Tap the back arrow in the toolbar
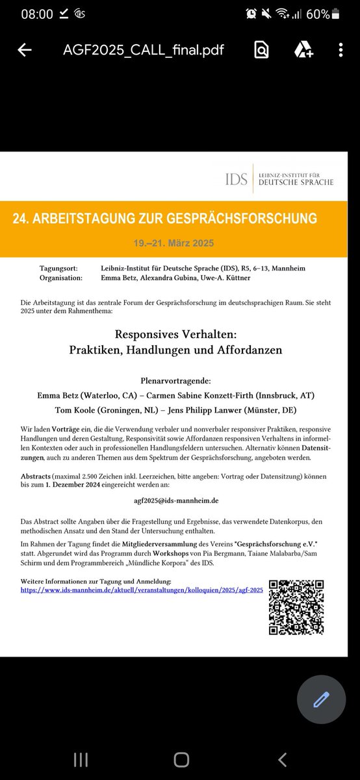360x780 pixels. [25, 50]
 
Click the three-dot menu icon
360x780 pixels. [341, 50]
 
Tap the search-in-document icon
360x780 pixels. [261, 50]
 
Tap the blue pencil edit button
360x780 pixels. [322, 700]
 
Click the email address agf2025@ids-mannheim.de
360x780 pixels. [180, 501]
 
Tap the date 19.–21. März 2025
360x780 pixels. [174, 243]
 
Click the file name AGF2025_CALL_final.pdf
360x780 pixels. [144, 50]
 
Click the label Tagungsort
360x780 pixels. [59, 268]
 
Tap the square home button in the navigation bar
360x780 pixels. [181, 742]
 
